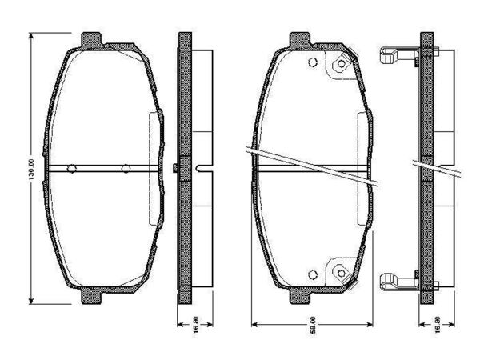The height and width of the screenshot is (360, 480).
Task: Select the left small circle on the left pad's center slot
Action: coord(72,168)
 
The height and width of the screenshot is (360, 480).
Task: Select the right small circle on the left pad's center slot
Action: coord(126,168)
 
